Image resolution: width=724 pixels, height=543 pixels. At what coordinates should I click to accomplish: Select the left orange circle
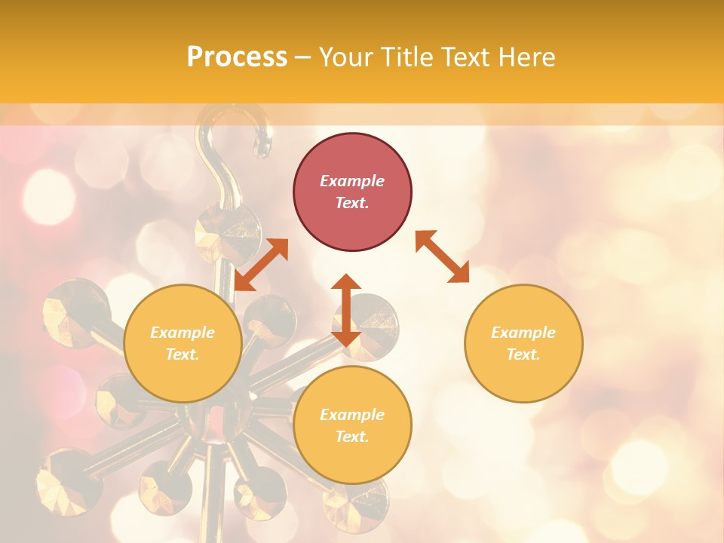(x=183, y=343)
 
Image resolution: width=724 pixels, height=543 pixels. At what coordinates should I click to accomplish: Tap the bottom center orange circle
(x=352, y=425)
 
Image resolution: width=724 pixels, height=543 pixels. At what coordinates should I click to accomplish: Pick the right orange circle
(x=523, y=343)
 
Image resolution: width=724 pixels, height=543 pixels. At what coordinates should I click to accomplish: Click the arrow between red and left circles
(x=261, y=264)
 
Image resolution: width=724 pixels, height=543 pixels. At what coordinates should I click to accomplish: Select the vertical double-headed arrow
(x=346, y=310)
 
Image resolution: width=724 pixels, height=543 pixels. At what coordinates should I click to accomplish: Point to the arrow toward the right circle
(x=443, y=256)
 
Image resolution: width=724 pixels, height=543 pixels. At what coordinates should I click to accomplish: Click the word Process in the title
(x=237, y=57)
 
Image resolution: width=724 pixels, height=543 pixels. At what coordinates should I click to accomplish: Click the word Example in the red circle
(x=352, y=181)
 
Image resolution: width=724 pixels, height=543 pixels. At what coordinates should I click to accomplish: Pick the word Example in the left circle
(x=183, y=333)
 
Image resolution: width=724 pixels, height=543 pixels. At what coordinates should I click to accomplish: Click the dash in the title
(x=303, y=57)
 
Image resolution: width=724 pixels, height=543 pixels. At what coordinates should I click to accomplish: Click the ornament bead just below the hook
(x=226, y=230)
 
